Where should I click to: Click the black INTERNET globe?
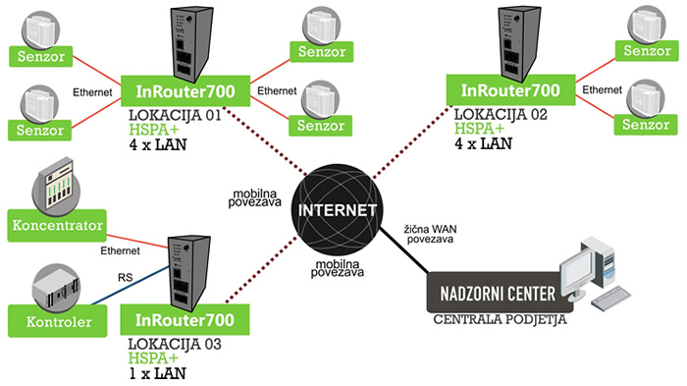(338, 210)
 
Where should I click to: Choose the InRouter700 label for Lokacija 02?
(510, 91)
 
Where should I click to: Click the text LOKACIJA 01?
(171, 114)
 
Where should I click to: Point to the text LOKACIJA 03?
(171, 344)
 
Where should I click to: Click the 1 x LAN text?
(157, 373)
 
